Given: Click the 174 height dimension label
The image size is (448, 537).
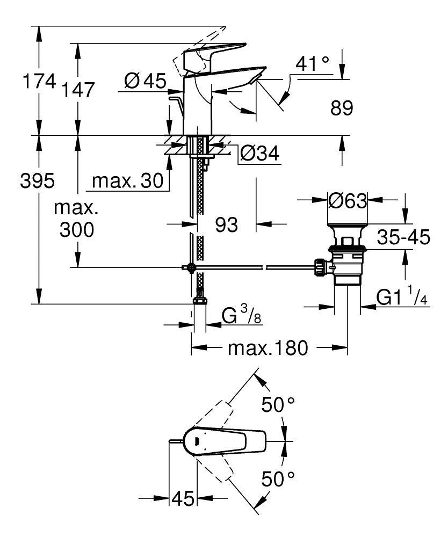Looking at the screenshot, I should tap(38, 82).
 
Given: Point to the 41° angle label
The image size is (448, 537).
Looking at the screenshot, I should tap(312, 65).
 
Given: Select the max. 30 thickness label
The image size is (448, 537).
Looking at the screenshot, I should tap(127, 182).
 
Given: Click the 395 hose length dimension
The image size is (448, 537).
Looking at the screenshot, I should tap(37, 182).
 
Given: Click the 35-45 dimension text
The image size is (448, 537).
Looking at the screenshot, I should tap(403, 237).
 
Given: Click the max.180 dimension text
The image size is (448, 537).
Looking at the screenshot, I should tap(268, 348).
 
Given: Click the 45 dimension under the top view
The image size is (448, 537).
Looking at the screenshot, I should tap(183, 499).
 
